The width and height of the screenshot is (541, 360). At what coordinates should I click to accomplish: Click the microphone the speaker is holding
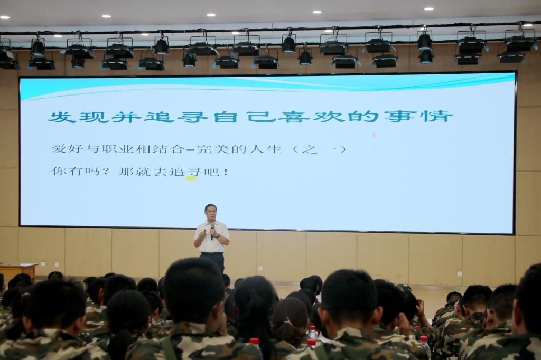pyautogui.click(x=212, y=232)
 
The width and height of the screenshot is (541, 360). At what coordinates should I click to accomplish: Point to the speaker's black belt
pyautogui.click(x=212, y=254)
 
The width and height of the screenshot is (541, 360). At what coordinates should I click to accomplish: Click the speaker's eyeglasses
pyautogui.click(x=209, y=210)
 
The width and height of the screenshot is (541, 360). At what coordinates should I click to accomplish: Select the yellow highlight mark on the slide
pyautogui.click(x=191, y=178)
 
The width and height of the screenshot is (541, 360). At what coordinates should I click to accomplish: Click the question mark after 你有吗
pyautogui.click(x=106, y=172)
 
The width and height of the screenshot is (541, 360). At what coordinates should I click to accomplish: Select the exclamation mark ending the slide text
pyautogui.click(x=226, y=172)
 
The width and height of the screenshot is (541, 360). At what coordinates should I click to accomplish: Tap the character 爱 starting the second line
pyautogui.click(x=58, y=149)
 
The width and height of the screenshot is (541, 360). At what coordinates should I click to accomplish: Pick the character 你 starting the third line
pyautogui.click(x=58, y=171)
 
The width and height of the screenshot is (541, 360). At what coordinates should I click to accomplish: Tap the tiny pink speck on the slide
pyautogui.click(x=374, y=135)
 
